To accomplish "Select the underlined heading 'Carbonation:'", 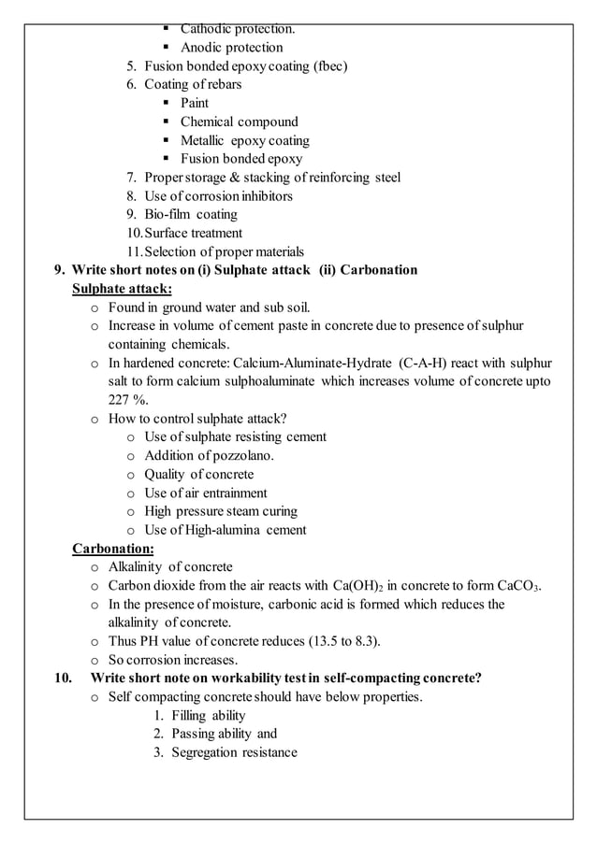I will click(x=113, y=549).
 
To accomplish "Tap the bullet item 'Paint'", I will click(x=195, y=104).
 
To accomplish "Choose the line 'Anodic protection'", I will click(x=231, y=48).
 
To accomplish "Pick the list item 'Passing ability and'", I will click(x=224, y=735).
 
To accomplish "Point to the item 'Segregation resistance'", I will click(x=234, y=753).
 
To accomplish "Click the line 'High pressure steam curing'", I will click(x=221, y=511).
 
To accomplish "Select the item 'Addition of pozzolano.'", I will click(x=209, y=456).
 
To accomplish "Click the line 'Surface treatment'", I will click(x=193, y=234).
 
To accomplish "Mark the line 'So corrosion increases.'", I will click(x=172, y=660).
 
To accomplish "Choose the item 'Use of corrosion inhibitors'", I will click(x=218, y=196).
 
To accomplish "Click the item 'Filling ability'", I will click(x=208, y=716).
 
